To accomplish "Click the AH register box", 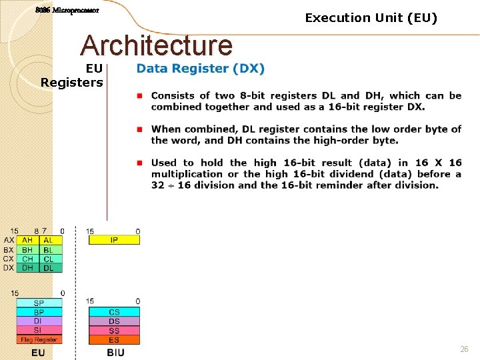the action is [x=27, y=240].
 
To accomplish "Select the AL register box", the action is [x=49, y=240].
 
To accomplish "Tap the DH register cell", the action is [x=27, y=268].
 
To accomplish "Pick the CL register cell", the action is [x=49, y=259].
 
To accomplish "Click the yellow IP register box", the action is [x=114, y=240].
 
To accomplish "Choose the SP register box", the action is [x=39, y=303].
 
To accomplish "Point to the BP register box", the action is [x=39, y=312].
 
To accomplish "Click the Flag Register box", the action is [x=39, y=339].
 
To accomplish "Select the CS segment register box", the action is [x=114, y=312].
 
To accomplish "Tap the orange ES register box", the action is [x=114, y=339].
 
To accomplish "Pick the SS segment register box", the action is [x=114, y=330].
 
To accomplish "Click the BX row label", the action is [x=9, y=250].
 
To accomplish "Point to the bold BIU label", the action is [x=115, y=352].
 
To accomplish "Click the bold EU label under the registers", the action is [x=38, y=352].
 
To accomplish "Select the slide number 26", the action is [x=464, y=349].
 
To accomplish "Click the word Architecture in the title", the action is [x=156, y=45].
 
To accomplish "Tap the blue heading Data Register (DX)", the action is [x=200, y=69].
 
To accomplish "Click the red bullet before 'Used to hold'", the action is [x=140, y=163].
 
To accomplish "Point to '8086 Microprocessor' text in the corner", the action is [x=67, y=11].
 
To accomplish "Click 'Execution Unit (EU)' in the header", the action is [x=371, y=18].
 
